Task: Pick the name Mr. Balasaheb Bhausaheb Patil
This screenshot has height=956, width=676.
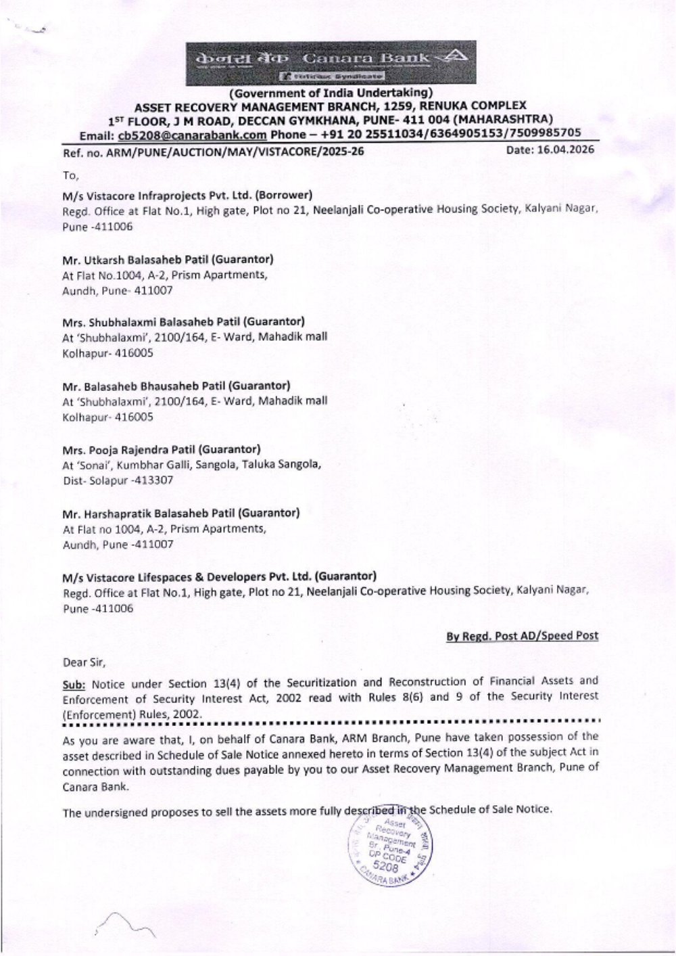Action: click(x=143, y=386)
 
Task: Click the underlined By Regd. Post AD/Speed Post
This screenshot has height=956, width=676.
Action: click(x=522, y=636)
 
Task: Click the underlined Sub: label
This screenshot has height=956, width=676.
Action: click(x=74, y=682)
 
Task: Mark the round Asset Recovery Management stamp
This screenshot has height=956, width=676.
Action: click(x=390, y=844)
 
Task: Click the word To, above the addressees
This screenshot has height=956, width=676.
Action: click(x=70, y=175)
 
